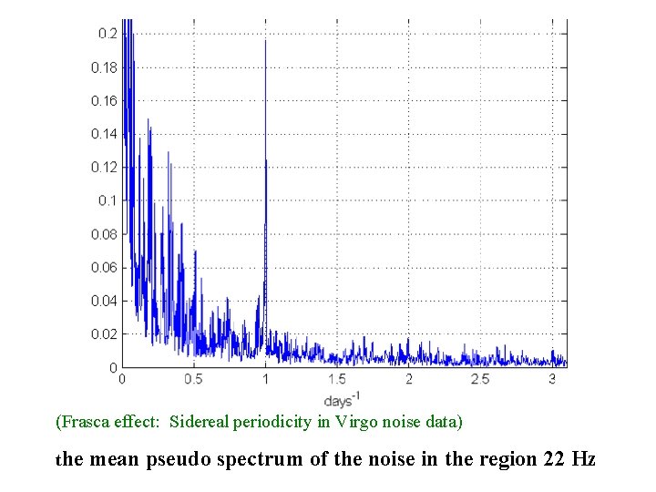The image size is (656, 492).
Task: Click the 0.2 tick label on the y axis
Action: (108, 34)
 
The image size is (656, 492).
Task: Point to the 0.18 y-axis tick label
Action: (105, 67)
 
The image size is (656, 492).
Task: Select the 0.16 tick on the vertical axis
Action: (105, 101)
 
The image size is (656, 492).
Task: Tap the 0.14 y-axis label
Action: (105, 134)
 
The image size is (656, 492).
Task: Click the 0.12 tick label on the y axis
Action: (105, 168)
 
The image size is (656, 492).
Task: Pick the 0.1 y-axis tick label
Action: (108, 200)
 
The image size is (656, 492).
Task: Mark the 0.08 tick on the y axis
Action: (105, 234)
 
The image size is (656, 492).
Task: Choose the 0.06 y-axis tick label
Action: (105, 268)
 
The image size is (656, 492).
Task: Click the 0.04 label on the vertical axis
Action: (105, 301)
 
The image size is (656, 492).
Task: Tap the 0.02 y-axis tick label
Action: (105, 334)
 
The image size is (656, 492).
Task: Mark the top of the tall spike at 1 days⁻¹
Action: (265, 41)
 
